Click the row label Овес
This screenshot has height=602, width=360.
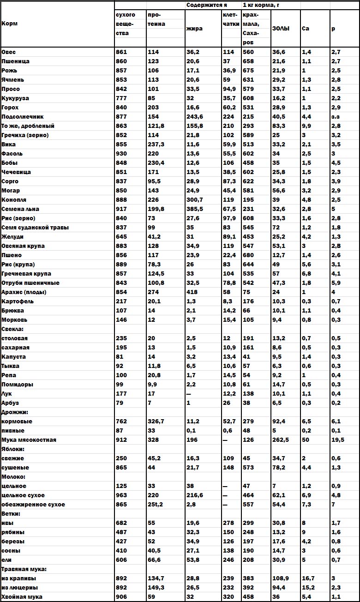coord(9,52)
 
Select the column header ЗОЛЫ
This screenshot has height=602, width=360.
coord(281,29)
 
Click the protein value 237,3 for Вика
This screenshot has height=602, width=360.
coord(156,144)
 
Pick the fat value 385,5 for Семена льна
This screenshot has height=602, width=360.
coord(195,209)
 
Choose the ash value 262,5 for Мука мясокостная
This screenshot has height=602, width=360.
coord(282,440)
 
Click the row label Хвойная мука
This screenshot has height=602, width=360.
coord(22,597)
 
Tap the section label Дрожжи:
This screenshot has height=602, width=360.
coord(15,412)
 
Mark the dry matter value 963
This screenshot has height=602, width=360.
coord(121,495)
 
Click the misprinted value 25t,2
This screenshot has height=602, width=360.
coord(157,505)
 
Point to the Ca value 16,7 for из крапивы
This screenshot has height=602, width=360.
coord(309,578)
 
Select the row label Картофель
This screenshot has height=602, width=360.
coord(18,301)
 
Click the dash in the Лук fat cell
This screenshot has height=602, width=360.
coord(189,394)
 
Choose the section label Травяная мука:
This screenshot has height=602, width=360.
coord(24,569)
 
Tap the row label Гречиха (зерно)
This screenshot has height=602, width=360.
coord(25,135)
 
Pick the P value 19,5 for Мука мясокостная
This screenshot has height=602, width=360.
coord(337,440)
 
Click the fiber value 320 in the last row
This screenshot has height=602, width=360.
coord(228,597)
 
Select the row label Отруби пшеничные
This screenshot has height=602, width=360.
coord(30,283)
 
